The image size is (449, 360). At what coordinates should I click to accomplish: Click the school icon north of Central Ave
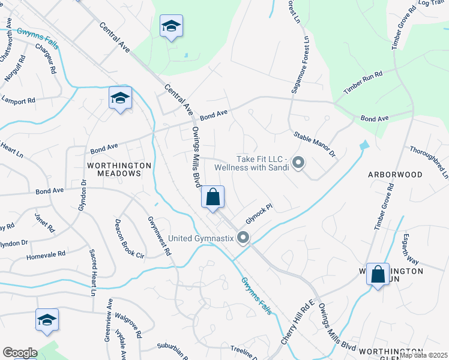pos(171,27)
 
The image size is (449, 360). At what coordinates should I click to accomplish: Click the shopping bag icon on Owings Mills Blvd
pos(213,197)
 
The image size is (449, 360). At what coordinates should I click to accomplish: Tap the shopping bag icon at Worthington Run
pos(378,275)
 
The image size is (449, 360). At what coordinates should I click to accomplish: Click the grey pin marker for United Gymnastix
pos(243,238)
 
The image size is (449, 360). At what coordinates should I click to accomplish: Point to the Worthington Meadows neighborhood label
pos(115,169)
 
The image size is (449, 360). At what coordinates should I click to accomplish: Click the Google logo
pos(20,353)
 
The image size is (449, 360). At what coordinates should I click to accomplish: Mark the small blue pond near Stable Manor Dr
pos(364,146)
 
